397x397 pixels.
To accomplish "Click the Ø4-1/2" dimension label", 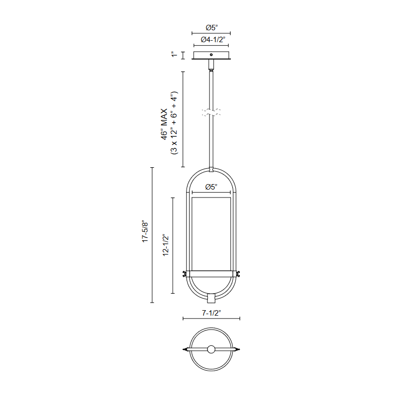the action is click(213, 40).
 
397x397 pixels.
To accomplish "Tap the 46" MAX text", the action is click(164, 124).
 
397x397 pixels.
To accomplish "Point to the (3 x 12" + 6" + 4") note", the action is click(175, 123).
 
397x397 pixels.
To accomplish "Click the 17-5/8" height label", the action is click(145, 231).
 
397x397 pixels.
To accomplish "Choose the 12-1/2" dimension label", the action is click(166, 245).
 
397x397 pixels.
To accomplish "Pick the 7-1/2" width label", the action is click(211, 313).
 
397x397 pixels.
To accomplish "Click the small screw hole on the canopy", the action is click(211, 55).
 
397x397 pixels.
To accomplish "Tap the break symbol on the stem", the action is click(211, 113).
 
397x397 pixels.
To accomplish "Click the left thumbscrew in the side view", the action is click(185, 274).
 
